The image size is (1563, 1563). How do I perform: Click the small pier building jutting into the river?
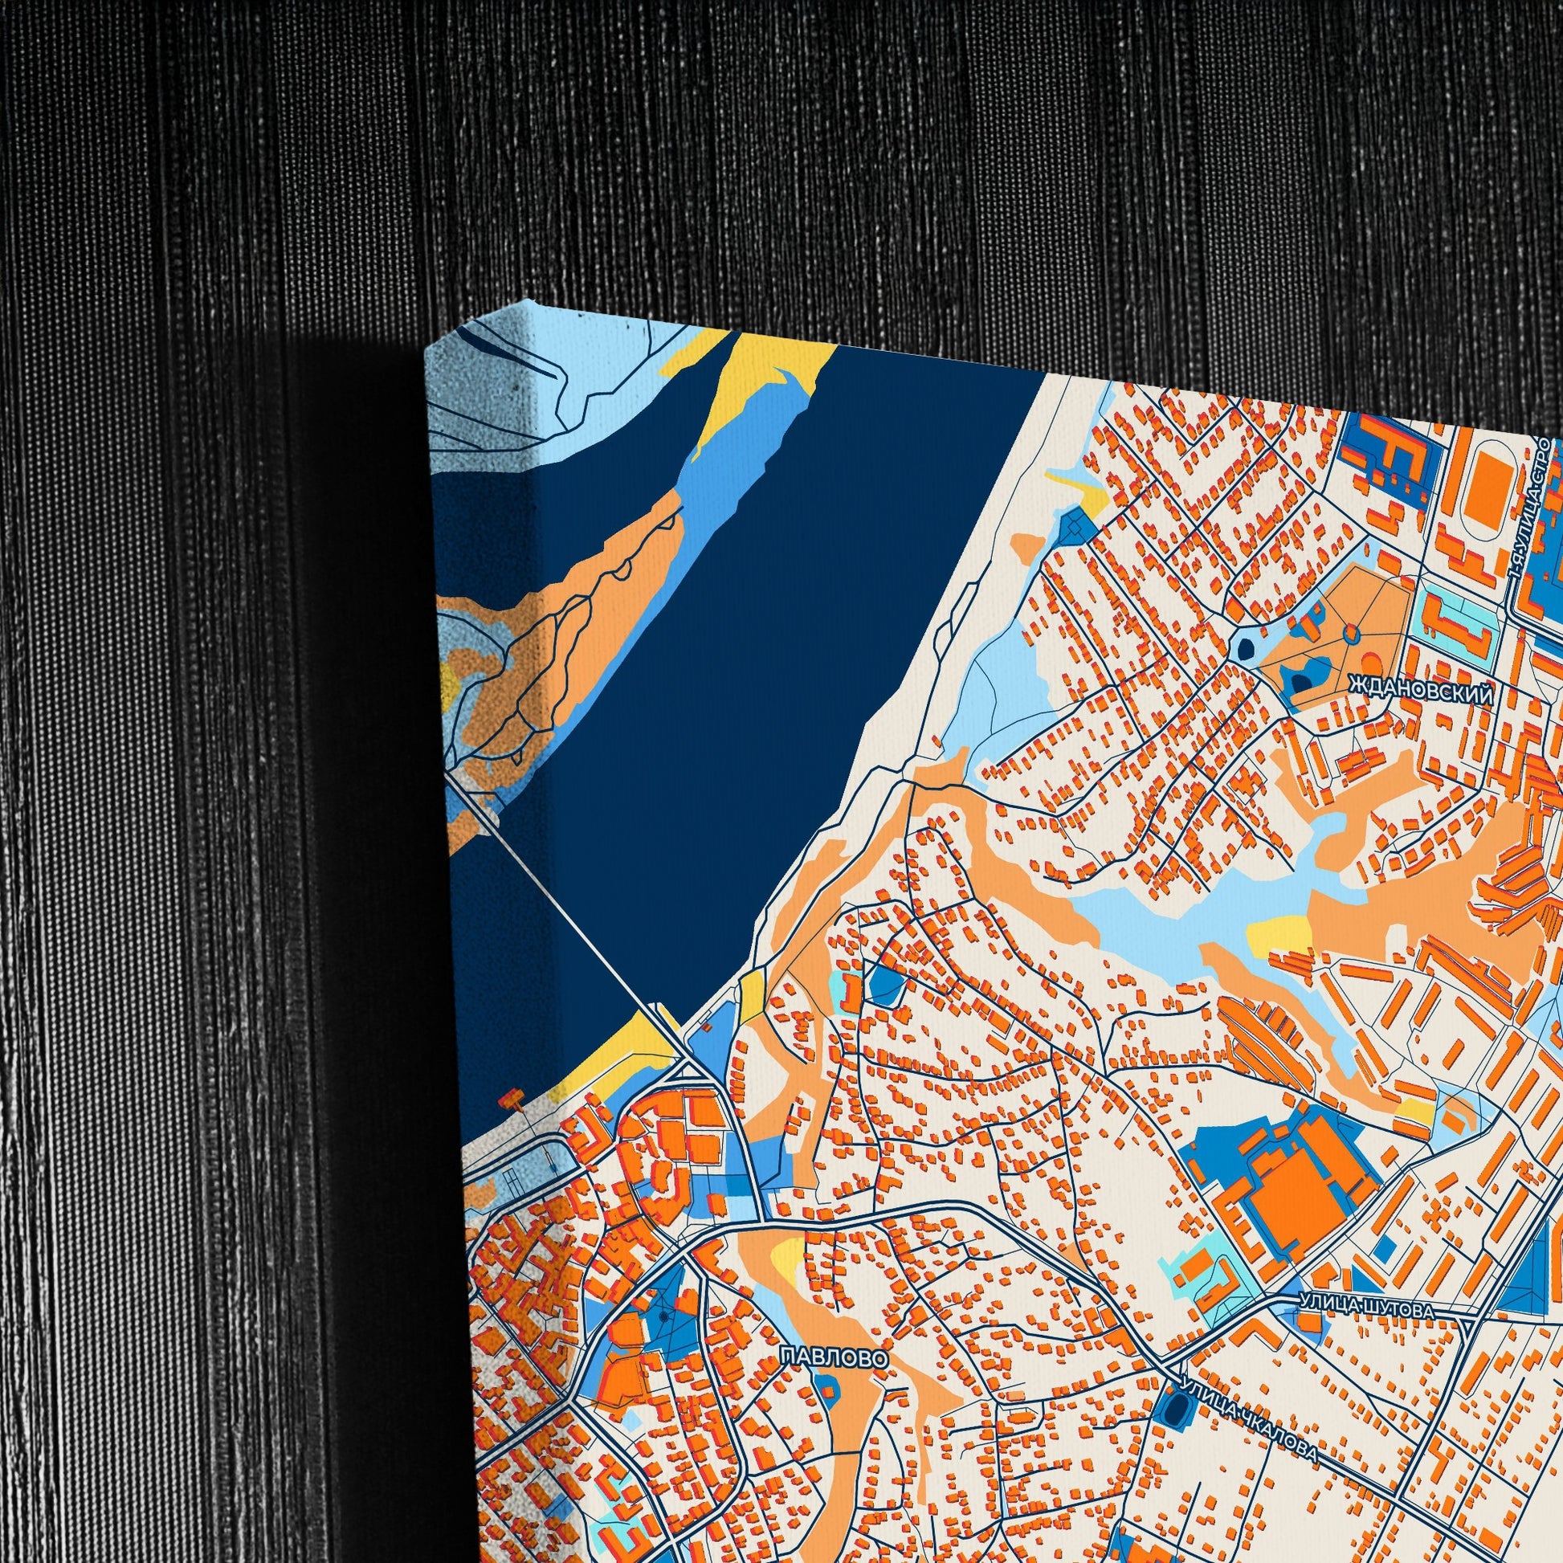coord(511,1098)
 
